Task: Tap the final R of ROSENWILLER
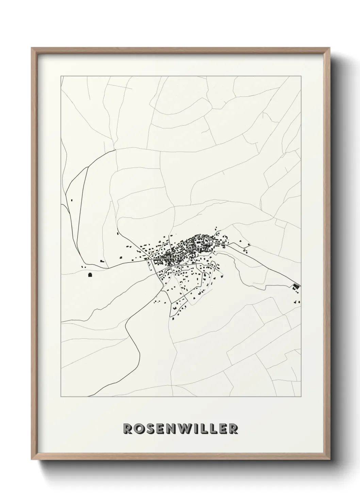233,429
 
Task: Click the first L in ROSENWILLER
204,429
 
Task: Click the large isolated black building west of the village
90,275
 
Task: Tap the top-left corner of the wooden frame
32,48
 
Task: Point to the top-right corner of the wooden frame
329,48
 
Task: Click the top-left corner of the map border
61,76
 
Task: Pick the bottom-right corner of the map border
301,397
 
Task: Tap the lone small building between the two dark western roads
72,200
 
